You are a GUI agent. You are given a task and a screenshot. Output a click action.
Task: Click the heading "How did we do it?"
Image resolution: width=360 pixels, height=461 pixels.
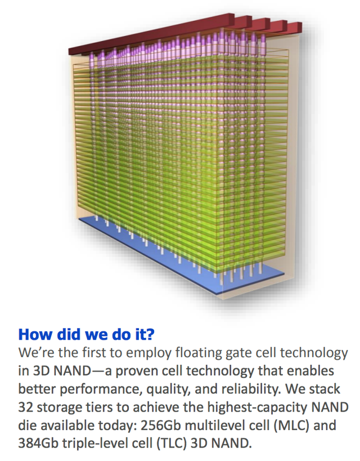click(87, 335)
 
